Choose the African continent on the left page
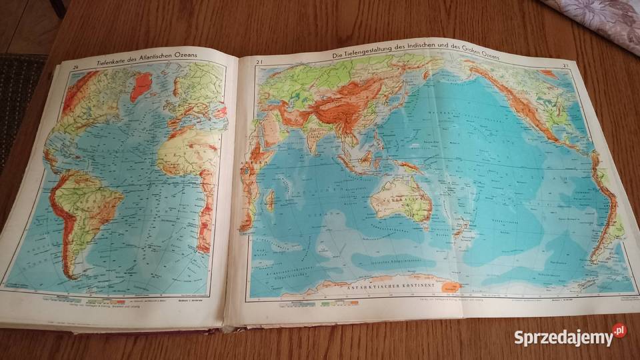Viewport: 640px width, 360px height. (190, 167)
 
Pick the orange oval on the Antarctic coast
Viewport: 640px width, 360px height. (452, 287)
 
